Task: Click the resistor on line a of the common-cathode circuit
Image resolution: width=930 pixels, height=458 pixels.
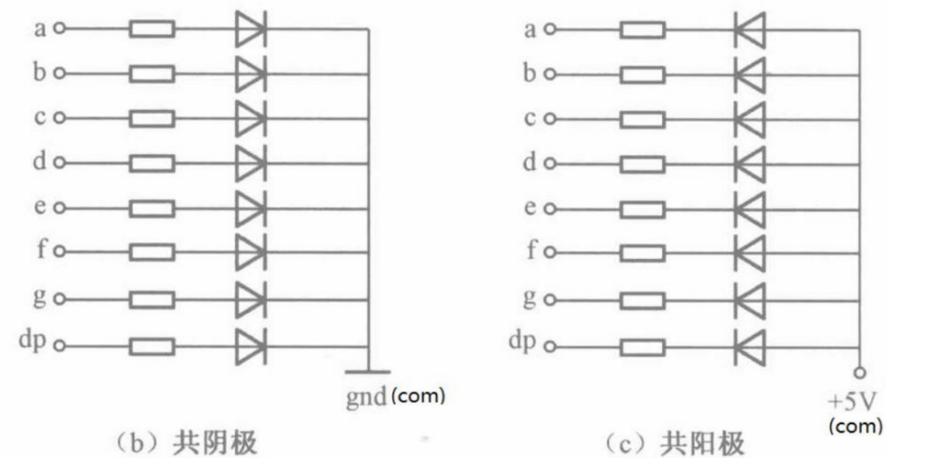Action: (152, 30)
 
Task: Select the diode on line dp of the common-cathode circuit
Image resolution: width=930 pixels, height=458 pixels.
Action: (250, 346)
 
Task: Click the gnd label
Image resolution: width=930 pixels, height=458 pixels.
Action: (366, 398)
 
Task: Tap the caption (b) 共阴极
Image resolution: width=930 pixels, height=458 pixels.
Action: (185, 442)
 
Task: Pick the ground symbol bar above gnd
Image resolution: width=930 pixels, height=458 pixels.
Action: (368, 372)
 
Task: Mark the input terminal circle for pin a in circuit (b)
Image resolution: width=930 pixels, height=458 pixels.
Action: (60, 30)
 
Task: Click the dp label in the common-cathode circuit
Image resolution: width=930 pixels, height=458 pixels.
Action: (33, 343)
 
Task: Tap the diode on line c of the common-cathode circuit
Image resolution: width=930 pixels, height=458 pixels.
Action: (250, 119)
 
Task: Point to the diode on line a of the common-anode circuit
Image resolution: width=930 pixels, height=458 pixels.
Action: (750, 30)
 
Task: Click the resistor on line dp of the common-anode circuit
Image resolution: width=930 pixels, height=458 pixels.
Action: (642, 346)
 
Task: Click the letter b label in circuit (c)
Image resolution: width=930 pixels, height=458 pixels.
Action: (529, 73)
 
